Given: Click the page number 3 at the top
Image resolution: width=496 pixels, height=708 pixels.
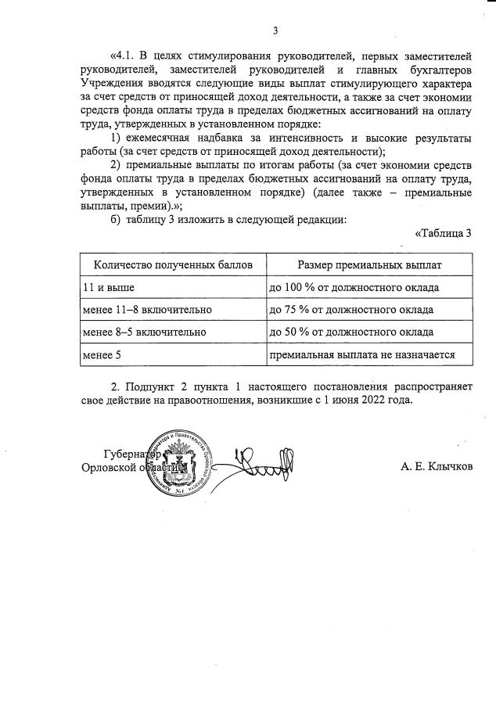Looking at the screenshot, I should coord(275,31).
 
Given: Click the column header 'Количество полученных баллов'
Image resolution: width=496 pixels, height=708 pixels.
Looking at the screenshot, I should coord(173,265).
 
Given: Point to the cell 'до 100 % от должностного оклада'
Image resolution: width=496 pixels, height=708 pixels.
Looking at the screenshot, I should coord(354,288).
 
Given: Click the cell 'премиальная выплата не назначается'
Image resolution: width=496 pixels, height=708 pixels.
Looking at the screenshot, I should coord(362,354).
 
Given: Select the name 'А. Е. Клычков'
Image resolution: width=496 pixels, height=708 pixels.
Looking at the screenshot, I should coord(437,467).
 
